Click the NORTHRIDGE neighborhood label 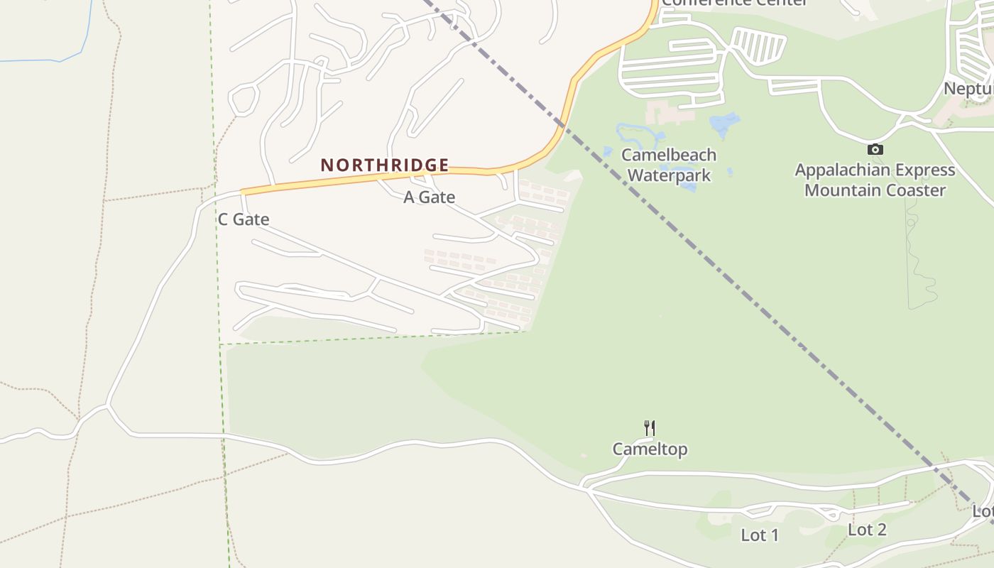(385, 165)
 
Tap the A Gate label (429, 197)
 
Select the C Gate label (244, 219)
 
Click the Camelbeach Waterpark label (669, 165)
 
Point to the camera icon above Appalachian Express (875, 149)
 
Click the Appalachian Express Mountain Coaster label (875, 180)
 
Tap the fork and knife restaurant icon (649, 428)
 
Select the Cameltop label (650, 449)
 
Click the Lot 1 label (760, 535)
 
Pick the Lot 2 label (867, 530)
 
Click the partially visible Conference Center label (734, 3)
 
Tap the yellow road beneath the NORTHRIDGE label (355, 180)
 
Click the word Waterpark (670, 175)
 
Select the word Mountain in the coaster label (840, 190)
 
